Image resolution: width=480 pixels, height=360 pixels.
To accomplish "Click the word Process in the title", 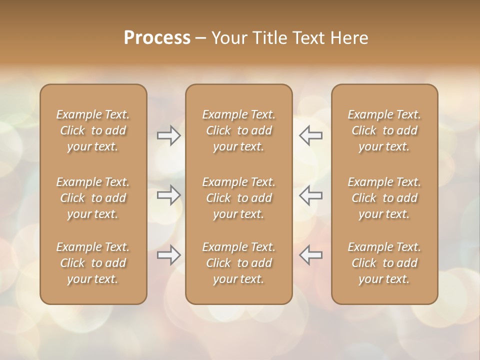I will [157, 38].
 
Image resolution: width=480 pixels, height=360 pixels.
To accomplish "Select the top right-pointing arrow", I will [168, 135].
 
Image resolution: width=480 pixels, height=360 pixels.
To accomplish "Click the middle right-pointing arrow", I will [168, 195].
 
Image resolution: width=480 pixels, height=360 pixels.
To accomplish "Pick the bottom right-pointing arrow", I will [168, 255].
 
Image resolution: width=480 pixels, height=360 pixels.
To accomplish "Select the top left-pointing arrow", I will [310, 135].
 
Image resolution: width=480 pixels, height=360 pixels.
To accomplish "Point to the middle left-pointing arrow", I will [310, 195].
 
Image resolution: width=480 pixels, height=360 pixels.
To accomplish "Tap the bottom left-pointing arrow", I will [310, 255].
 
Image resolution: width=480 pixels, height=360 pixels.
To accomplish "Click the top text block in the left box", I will [93, 130].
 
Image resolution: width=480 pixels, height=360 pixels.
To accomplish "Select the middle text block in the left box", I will [93, 198].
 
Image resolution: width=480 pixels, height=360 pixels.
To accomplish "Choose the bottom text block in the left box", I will [93, 263].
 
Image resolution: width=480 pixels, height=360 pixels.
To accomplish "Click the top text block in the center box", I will [238, 130].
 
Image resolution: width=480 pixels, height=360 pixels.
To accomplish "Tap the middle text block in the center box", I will [238, 198].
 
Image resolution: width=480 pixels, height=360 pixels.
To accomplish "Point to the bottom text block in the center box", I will [238, 263].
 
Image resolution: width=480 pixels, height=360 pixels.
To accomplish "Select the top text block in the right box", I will [384, 130].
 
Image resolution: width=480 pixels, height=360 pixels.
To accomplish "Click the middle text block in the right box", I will [384, 198].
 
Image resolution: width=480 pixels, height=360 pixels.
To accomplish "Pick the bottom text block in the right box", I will [384, 263].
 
